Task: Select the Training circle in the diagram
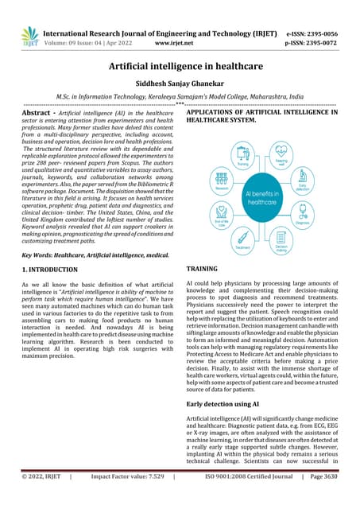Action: click(242, 155)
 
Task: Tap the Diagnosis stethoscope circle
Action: click(303, 213)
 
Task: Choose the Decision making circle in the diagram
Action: click(281, 239)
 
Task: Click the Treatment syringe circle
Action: click(242, 239)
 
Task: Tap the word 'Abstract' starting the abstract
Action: click(37, 114)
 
